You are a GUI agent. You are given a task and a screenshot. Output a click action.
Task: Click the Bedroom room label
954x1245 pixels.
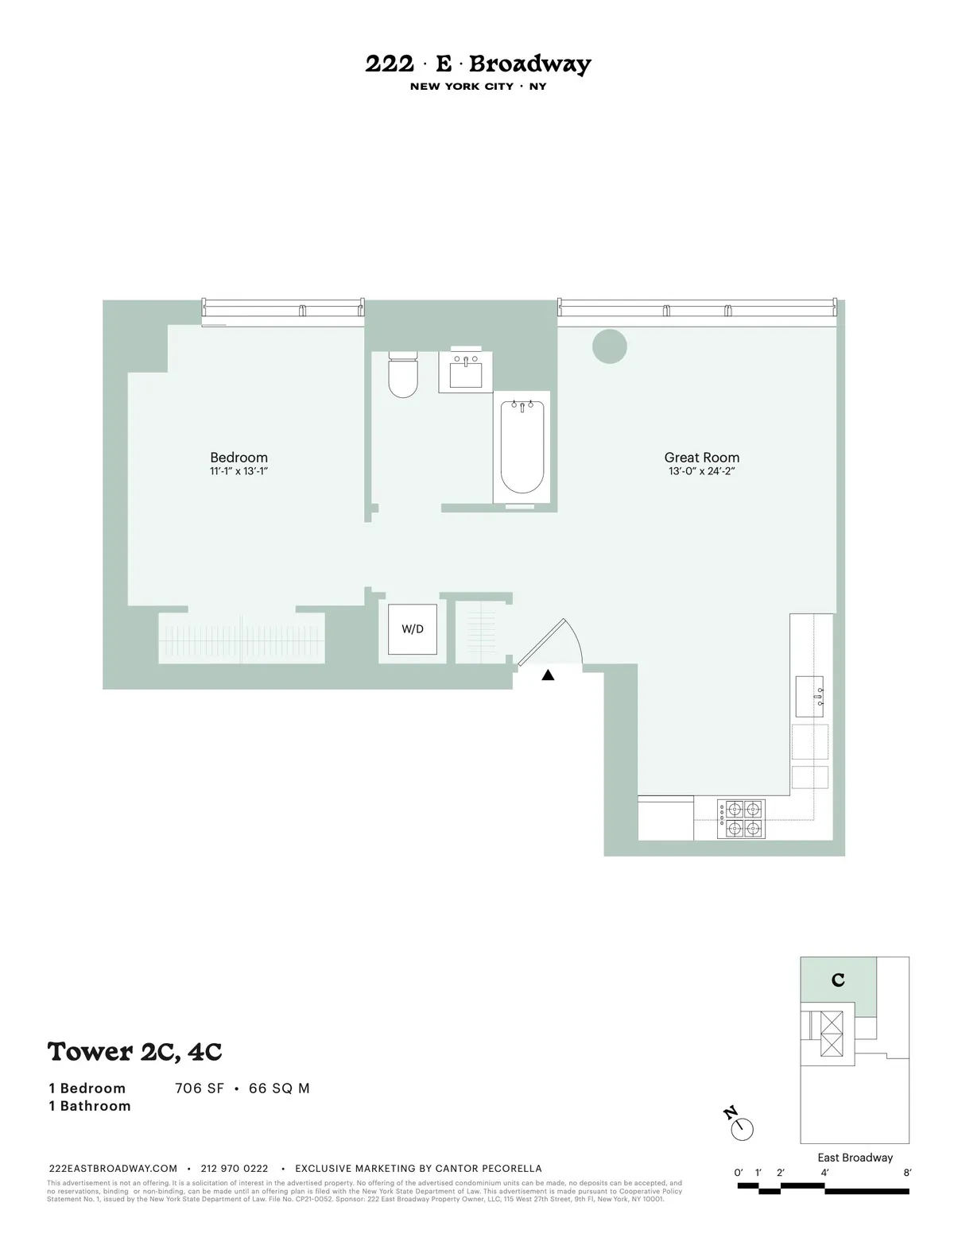[x=238, y=457]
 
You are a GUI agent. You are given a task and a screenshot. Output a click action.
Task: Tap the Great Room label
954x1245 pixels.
[x=701, y=457]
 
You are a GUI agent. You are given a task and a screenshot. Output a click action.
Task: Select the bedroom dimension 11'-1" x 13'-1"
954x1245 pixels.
[x=238, y=471]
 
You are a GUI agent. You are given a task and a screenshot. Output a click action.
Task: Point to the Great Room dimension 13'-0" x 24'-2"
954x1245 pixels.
[x=701, y=471]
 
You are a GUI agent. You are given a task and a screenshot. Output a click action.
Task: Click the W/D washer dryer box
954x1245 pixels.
[x=413, y=629]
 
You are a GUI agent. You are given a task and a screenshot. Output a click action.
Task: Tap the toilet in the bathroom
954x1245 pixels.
[x=403, y=376]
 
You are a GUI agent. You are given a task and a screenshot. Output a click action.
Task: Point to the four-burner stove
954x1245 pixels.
[x=741, y=819]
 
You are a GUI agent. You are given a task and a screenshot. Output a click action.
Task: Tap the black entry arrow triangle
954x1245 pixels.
[x=548, y=675]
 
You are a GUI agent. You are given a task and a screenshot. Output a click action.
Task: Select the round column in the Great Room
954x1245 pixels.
[x=610, y=346]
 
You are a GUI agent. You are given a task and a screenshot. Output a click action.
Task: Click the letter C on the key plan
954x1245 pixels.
[x=838, y=980]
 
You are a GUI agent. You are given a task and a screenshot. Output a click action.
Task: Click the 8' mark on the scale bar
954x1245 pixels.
[x=907, y=1172]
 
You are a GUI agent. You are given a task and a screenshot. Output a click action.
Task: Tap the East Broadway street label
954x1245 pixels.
[x=855, y=1158]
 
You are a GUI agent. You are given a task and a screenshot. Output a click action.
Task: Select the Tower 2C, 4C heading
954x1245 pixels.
[x=134, y=1051]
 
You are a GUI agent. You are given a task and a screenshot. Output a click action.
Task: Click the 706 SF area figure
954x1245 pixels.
[x=200, y=1088]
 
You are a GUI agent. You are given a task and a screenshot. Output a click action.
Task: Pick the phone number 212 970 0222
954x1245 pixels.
[x=235, y=1169]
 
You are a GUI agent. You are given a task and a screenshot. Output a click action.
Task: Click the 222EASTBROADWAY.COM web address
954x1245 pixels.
[x=113, y=1169]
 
